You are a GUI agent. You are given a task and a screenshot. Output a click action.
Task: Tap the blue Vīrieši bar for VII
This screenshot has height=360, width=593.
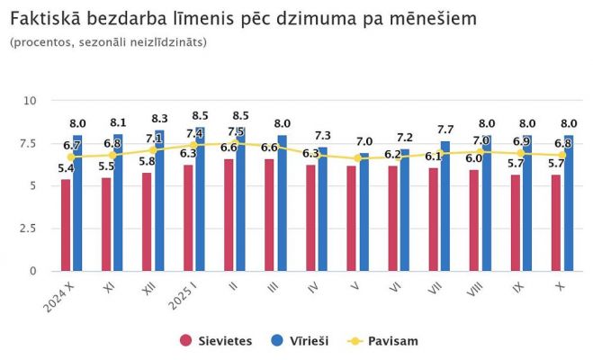click(x=445, y=206)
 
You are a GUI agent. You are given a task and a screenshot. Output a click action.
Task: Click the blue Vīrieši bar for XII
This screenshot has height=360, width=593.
click(x=159, y=201)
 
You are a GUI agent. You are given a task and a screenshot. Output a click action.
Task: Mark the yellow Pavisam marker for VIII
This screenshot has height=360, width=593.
click(x=480, y=152)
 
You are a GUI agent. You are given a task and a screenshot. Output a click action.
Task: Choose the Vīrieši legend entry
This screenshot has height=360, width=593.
click(x=302, y=341)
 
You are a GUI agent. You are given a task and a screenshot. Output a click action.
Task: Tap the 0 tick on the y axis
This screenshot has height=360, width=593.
click(x=31, y=271)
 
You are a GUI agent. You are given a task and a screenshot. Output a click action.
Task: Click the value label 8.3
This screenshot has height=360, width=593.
click(x=159, y=119)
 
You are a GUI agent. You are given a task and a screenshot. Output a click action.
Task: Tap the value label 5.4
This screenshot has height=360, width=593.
click(x=66, y=168)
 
